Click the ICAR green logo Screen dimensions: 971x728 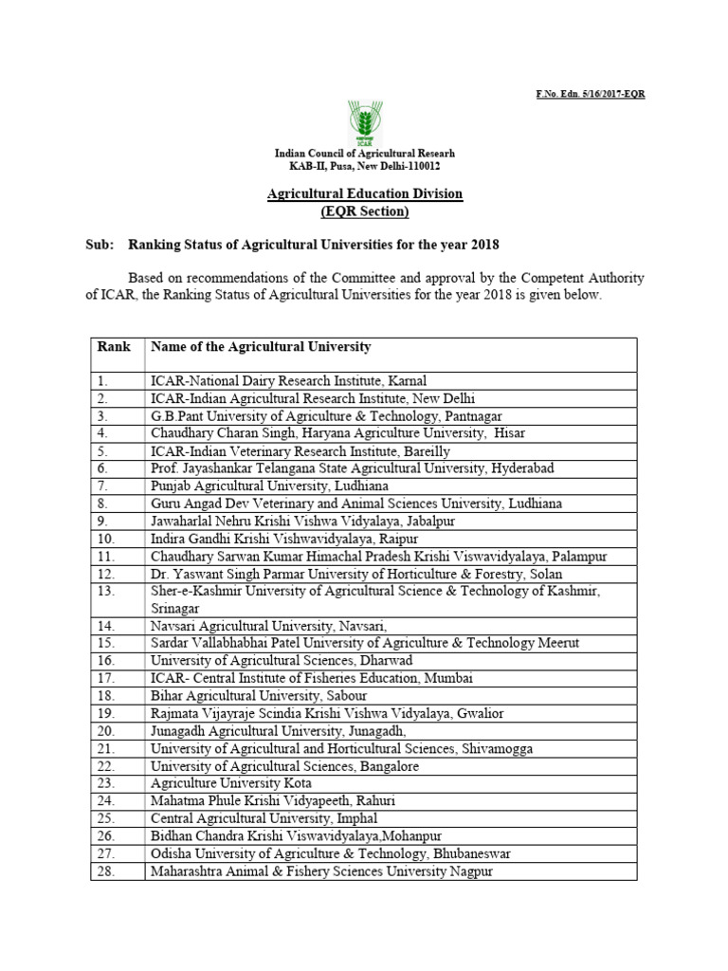[364, 120]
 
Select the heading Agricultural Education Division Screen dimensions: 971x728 [364, 193]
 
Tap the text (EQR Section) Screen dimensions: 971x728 [364, 211]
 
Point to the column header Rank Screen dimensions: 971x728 [114, 347]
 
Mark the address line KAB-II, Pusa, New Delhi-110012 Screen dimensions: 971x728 [364, 165]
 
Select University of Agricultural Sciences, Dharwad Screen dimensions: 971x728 [281, 660]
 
